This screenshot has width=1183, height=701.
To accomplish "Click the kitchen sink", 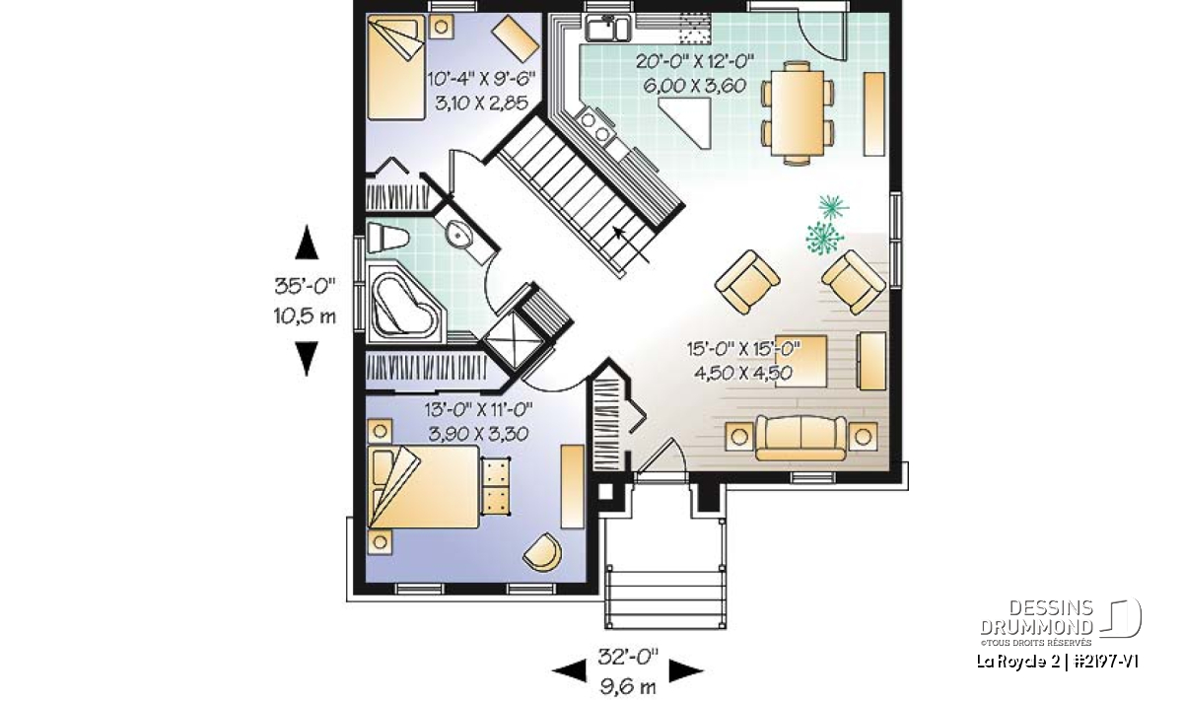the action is tap(607, 28).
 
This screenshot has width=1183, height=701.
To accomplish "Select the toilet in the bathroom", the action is tap(388, 237).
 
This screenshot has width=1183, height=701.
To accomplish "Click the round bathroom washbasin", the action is tap(455, 234).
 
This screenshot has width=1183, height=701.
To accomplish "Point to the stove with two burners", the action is tap(594, 126).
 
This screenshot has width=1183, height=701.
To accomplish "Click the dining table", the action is tap(797, 112).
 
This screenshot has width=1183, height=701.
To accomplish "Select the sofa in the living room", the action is tap(800, 438).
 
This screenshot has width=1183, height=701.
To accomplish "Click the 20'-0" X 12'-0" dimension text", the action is tap(695, 61).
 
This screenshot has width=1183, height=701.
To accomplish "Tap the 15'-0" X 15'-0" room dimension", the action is tap(743, 349).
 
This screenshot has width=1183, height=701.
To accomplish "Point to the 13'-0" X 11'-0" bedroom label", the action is tap(478, 409).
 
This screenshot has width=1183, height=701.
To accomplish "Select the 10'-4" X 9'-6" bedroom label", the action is tap(481, 79).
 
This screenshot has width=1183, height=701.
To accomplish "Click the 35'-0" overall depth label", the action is tap(306, 286).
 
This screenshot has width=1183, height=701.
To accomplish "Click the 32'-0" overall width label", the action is tap(629, 657).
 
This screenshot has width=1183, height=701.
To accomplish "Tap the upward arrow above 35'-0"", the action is tap(307, 242).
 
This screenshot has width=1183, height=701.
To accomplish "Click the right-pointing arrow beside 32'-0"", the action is tap(686, 670).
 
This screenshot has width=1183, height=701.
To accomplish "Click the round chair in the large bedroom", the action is tap(543, 551).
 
